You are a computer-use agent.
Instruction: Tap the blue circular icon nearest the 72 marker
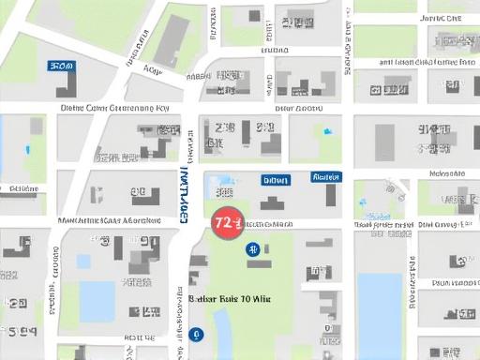point(252,248)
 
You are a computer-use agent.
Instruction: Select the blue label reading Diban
point(276,179)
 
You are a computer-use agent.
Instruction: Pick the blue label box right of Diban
point(325,176)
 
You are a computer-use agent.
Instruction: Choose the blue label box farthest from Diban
point(61,67)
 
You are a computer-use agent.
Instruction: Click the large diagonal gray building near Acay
point(172,42)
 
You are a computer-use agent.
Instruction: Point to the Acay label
point(153,68)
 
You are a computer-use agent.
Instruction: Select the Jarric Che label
point(442,17)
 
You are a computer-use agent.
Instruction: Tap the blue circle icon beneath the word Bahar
point(195,334)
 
